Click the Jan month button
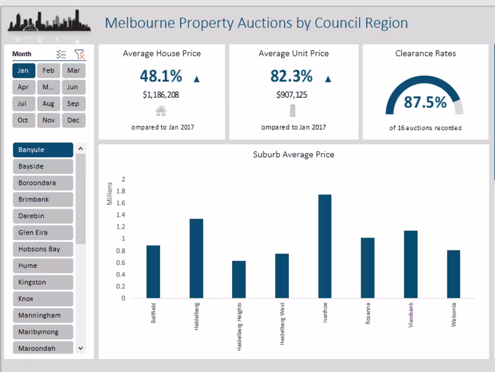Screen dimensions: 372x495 pos(23,71)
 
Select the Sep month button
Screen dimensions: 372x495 pos(73,104)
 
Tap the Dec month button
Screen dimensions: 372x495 pos(73,120)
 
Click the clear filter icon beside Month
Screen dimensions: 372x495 pos(80,54)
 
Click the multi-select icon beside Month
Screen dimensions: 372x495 pos(61,54)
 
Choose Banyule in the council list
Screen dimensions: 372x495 pos(43,150)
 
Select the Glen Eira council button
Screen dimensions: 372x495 pos(43,233)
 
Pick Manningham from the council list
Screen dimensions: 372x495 pos(43,316)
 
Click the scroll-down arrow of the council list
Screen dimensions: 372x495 pos(81,348)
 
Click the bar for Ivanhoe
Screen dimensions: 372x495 pos(325,246)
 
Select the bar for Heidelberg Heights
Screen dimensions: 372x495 pos(239,279)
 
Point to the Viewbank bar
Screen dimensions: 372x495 pos(411,264)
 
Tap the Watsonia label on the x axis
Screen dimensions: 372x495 pos(454,314)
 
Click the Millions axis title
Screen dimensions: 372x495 pos(109,194)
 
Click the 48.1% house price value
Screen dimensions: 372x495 pos(161,77)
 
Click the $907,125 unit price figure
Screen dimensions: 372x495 pos(292,95)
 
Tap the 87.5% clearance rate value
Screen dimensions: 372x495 pos(425,102)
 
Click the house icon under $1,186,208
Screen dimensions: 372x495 pos(161,111)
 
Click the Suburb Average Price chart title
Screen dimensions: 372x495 pos(293,155)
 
